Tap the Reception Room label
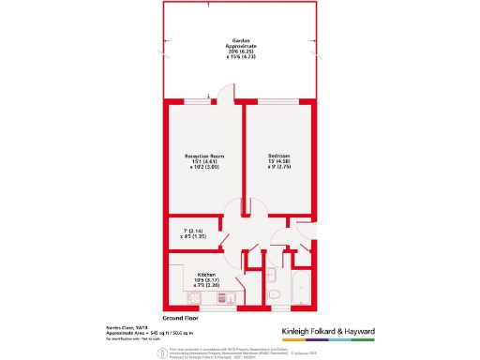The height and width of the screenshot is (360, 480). point(202,156)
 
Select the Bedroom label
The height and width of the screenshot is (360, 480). point(279,156)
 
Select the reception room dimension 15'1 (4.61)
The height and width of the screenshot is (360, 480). point(202,162)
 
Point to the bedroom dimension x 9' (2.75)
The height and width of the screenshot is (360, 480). point(279,167)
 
